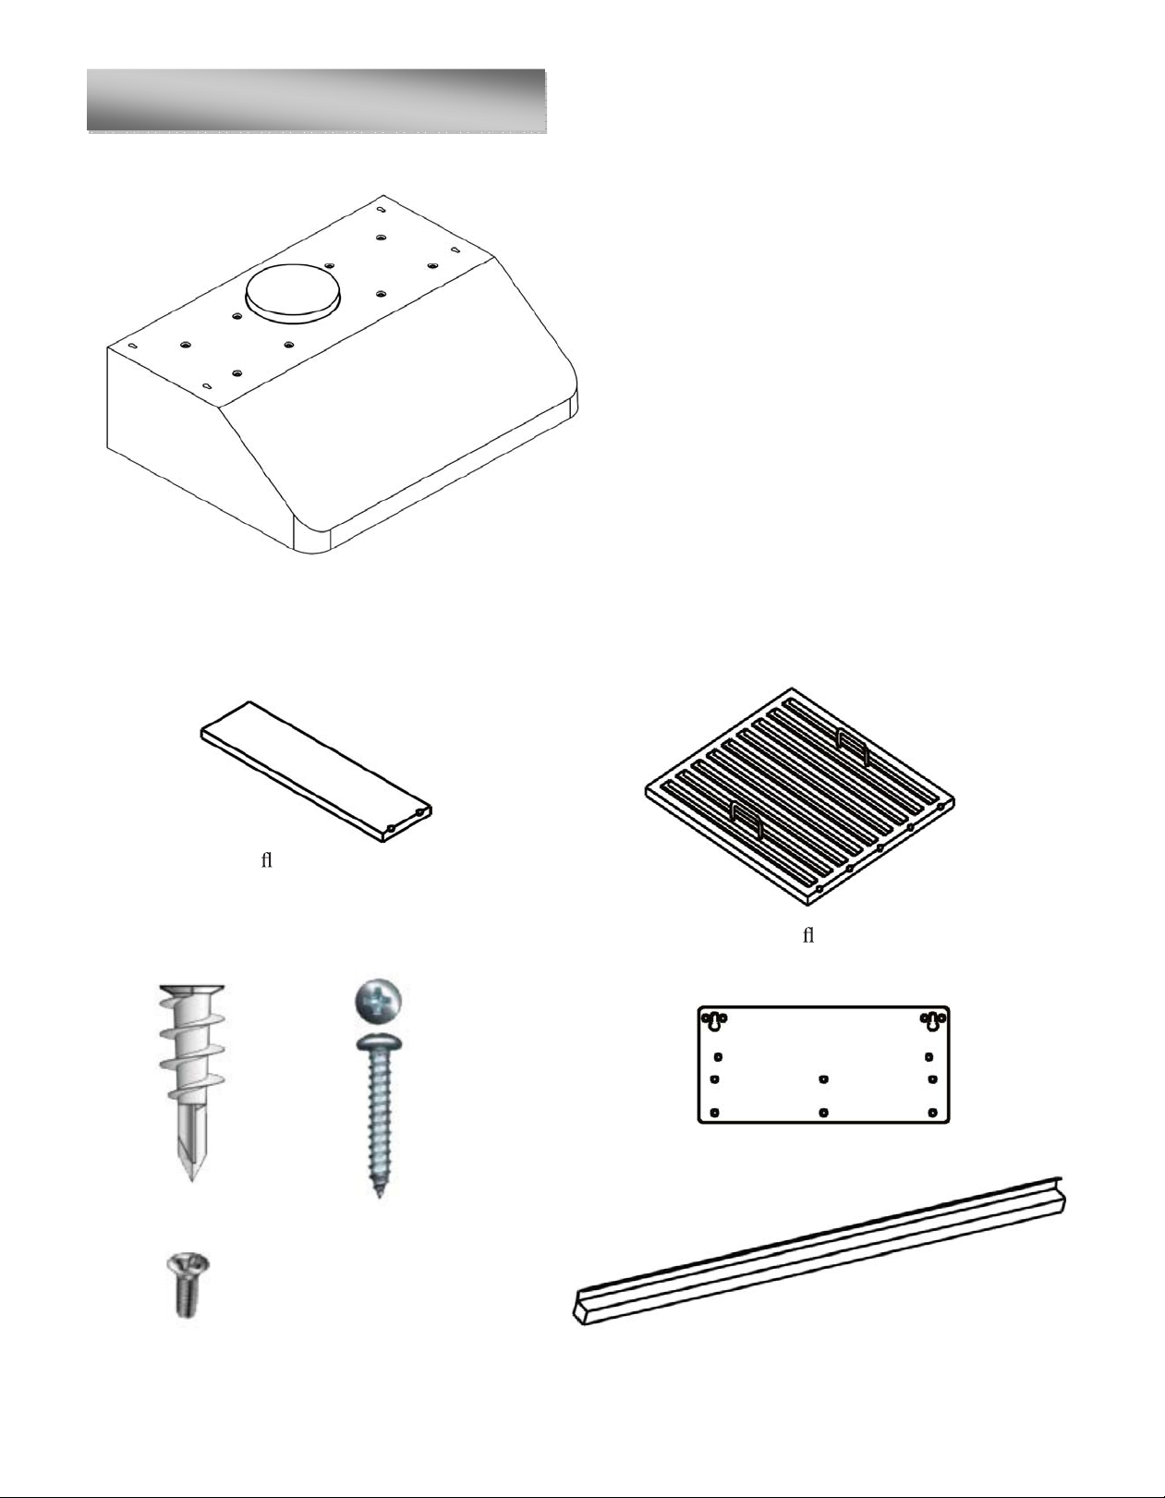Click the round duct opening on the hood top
click(x=294, y=295)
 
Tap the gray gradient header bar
click(x=316, y=100)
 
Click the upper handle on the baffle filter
click(x=852, y=749)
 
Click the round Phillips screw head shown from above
click(x=378, y=1000)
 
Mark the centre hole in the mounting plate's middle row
click(x=823, y=1078)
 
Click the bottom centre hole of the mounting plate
click(x=824, y=1113)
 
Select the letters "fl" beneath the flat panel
click(x=267, y=860)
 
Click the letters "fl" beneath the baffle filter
click(x=808, y=935)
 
